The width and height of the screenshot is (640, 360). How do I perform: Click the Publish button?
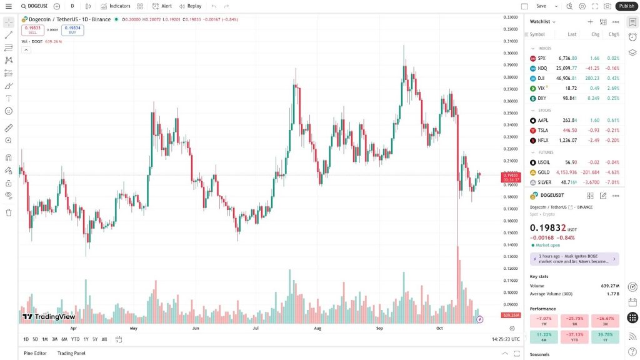pyautogui.click(x=626, y=6)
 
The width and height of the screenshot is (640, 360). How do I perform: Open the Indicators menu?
pyautogui.click(x=116, y=6)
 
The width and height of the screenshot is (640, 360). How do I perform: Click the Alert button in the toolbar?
pyautogui.click(x=162, y=6)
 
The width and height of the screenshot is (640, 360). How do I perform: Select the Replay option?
pyautogui.click(x=190, y=6)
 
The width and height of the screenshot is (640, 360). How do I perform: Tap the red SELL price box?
pyautogui.click(x=32, y=29)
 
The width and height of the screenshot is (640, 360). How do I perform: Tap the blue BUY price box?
pyautogui.click(x=72, y=29)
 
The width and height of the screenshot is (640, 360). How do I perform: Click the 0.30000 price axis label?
pyautogui.click(x=511, y=53)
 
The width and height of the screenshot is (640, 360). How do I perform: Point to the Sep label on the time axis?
pyautogui.click(x=379, y=327)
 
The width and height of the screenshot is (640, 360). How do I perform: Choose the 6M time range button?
pyautogui.click(x=64, y=339)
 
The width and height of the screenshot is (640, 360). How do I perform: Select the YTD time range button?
pyautogui.click(x=75, y=339)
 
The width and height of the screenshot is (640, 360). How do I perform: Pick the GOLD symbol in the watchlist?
pyautogui.click(x=543, y=172)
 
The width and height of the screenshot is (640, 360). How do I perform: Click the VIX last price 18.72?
pyautogui.click(x=571, y=88)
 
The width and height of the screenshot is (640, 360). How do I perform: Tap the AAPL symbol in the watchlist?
pyautogui.click(x=542, y=120)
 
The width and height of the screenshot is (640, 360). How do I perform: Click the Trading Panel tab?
pyautogui.click(x=71, y=353)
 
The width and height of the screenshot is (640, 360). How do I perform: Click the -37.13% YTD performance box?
pyautogui.click(x=574, y=337)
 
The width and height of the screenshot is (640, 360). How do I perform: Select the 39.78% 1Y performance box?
pyautogui.click(x=604, y=337)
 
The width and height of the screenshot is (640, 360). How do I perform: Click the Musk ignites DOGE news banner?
pyautogui.click(x=574, y=259)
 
